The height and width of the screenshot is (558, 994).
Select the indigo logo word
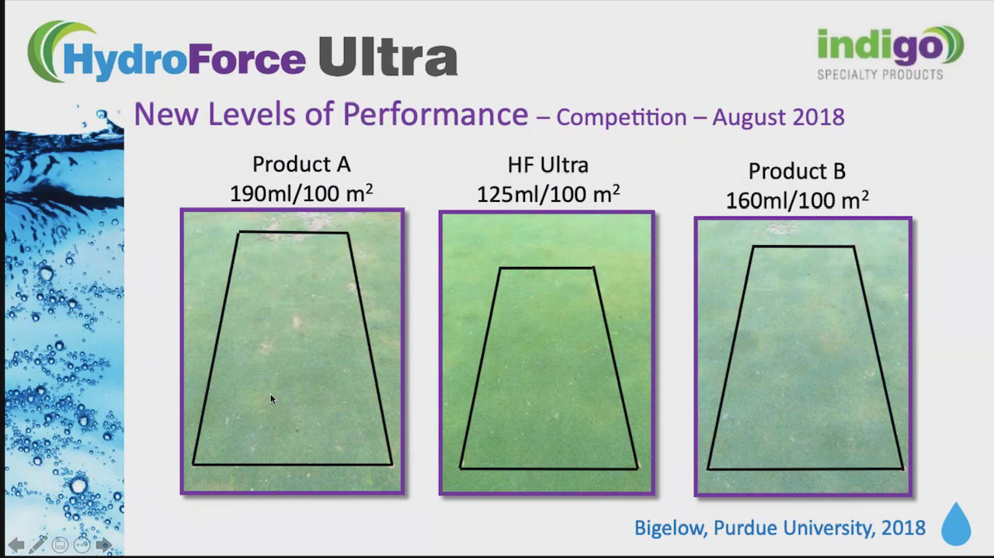879,47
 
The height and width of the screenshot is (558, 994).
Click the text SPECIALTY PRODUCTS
880,75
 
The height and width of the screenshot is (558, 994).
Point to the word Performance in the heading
435,114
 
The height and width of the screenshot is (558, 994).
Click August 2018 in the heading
778,117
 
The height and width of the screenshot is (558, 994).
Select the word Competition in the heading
621,117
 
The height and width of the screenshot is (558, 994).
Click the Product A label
301,165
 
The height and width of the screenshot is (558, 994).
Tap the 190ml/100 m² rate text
301,193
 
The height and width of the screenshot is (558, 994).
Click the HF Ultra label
547,165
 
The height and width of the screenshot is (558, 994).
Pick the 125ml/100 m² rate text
547,193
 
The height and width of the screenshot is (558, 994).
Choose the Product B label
797,172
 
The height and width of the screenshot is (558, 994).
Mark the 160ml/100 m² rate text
797,200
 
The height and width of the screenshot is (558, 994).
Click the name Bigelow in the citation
668,529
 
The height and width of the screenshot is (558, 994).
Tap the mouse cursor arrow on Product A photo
273,399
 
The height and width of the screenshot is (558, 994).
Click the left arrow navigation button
16,545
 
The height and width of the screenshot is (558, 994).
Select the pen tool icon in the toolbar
37,545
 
